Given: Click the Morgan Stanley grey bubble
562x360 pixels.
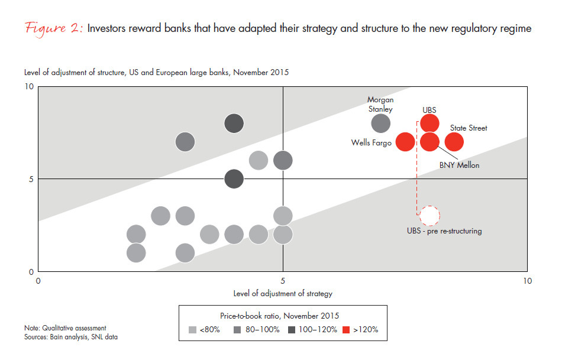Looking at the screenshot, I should (x=381, y=124).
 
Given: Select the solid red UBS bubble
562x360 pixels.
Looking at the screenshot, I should (x=429, y=124).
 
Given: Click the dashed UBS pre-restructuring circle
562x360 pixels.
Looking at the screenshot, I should (x=429, y=215).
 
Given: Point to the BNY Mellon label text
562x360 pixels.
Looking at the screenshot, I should (x=459, y=166).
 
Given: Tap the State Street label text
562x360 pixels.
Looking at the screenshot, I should (x=469, y=128).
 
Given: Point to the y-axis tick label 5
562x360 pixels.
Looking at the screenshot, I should (x=31, y=179).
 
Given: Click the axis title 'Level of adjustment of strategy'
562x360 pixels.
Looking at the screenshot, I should (x=282, y=293).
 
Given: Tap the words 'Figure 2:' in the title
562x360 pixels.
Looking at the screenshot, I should (x=54, y=29).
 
